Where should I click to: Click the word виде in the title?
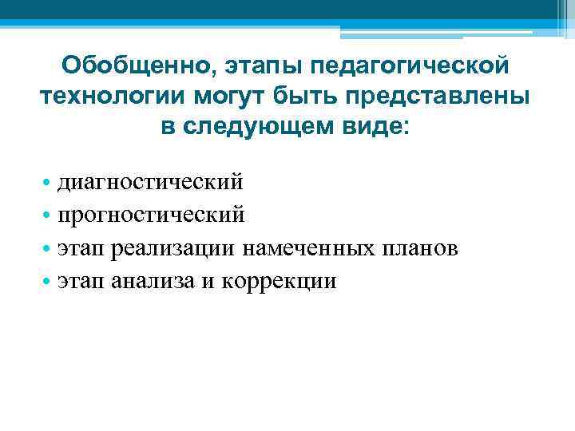379,129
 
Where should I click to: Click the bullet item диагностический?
150,183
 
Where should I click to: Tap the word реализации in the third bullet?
173,248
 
